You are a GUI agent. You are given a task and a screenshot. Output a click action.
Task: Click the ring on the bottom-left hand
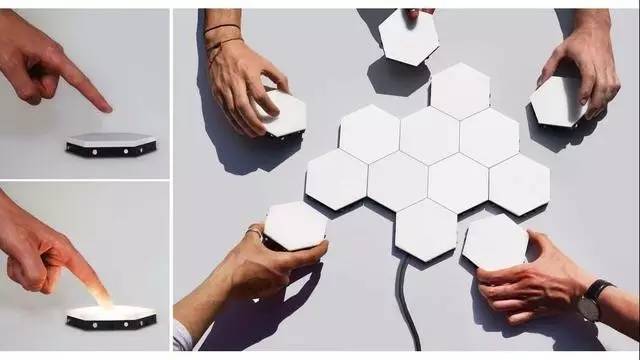click(x=255, y=233)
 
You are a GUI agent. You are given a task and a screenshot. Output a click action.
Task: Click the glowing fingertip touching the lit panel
click(x=100, y=296)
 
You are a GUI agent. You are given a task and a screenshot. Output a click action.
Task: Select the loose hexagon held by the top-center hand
click(x=408, y=37)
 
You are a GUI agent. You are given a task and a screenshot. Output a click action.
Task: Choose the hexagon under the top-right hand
click(x=556, y=101)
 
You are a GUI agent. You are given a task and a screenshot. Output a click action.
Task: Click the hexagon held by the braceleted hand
click(x=284, y=112)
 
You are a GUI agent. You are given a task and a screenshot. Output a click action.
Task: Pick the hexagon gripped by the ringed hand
click(x=295, y=224)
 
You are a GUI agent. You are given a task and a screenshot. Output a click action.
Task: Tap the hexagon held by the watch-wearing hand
click(x=494, y=241)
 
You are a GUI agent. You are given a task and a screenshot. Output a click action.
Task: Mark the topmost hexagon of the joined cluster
click(x=460, y=90)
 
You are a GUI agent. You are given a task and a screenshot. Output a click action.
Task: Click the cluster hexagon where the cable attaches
click(x=426, y=229)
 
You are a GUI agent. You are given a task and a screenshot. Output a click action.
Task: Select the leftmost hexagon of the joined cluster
click(x=336, y=179)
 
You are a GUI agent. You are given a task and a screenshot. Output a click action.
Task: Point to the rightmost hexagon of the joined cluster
click(x=519, y=183)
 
